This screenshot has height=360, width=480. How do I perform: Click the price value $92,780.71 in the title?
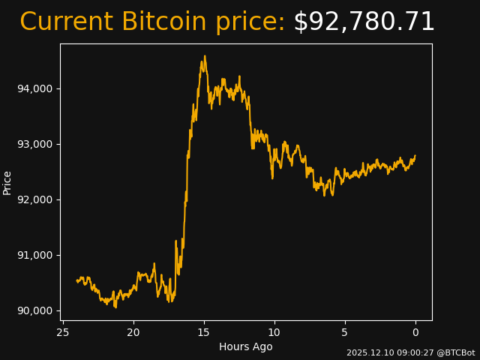[x=364, y=22]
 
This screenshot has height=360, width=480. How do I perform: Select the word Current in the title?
[x=66, y=22]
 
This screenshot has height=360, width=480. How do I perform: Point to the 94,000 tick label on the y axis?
[x=34, y=88]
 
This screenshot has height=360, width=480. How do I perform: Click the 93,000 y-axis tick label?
[x=34, y=144]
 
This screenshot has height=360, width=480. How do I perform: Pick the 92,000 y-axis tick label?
[x=34, y=199]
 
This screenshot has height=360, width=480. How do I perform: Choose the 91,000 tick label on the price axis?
[x=34, y=255]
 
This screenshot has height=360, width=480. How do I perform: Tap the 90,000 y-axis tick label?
[x=34, y=310]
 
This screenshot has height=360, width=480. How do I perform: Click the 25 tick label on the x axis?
[x=62, y=332]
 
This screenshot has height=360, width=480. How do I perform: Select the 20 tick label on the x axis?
[x=133, y=332]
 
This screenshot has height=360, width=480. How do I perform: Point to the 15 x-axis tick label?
[x=203, y=332]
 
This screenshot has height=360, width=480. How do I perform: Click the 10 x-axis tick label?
[x=274, y=332]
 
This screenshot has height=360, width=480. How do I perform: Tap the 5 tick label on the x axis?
[x=345, y=332]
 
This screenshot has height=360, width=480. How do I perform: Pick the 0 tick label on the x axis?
[x=415, y=332]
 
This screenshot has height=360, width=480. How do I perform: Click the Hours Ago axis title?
[x=246, y=346]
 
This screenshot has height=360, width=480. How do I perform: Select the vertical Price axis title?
[x=7, y=182]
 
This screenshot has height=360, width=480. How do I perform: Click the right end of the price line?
[x=415, y=156]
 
